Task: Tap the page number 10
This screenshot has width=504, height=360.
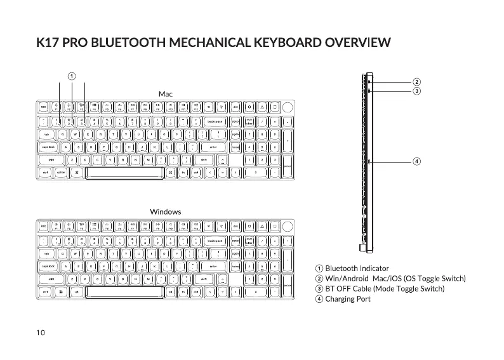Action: [x=41, y=333]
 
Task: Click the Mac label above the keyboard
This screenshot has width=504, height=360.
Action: [x=165, y=94]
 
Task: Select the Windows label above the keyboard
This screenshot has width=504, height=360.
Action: [x=165, y=211]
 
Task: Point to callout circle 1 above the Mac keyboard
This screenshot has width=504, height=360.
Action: [x=72, y=75]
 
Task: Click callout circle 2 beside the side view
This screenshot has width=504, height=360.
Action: [x=416, y=82]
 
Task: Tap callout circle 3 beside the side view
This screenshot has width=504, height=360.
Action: [x=416, y=91]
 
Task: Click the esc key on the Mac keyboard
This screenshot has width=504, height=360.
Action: [x=43, y=107]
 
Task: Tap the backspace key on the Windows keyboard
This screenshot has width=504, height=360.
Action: [x=215, y=241]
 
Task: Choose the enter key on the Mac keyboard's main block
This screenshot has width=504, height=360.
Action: [x=213, y=147]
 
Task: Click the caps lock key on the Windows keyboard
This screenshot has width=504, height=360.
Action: [x=48, y=266]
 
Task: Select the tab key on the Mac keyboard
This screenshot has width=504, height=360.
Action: [x=46, y=134]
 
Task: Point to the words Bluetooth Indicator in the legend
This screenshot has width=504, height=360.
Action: [x=357, y=269]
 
